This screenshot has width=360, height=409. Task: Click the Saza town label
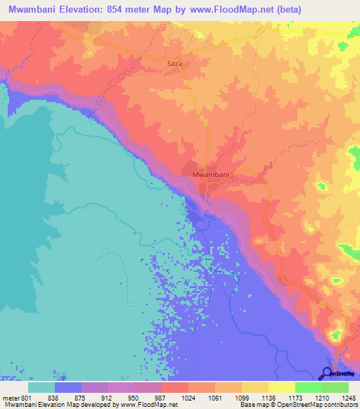(174, 63)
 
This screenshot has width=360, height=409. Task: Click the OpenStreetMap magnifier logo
(327, 373)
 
